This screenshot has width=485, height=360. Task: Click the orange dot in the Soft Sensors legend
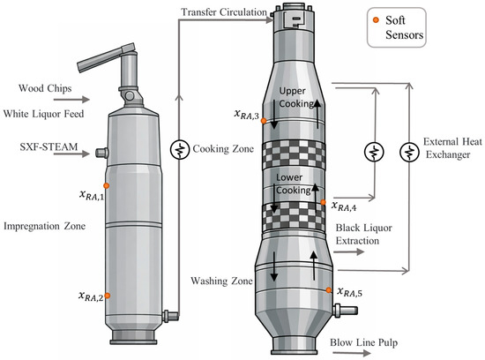tap(376, 20)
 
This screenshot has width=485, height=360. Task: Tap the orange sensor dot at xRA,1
tap(106, 185)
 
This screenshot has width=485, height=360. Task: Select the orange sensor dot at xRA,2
tap(107, 296)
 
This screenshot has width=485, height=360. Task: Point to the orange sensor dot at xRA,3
tap(264, 121)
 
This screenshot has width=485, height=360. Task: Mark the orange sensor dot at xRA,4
tap(324, 202)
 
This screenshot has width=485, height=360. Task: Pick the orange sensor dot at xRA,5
tap(329, 290)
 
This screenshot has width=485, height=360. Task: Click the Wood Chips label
tap(45, 88)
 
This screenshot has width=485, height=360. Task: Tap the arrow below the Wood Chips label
tap(71, 100)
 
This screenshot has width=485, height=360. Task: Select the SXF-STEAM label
tap(48, 146)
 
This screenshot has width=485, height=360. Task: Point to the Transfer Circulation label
tap(224, 12)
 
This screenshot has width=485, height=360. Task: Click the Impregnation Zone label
tap(45, 226)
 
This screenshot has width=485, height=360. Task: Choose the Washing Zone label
tap(221, 281)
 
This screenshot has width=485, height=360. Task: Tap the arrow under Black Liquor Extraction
tap(348, 252)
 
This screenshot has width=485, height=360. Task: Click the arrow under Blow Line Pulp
tap(352, 353)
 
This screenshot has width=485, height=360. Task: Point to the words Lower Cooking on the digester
tap(293, 184)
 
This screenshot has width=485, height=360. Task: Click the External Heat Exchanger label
tap(452, 148)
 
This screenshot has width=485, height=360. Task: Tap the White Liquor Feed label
tap(43, 114)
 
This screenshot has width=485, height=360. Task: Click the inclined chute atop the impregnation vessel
tap(106, 58)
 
